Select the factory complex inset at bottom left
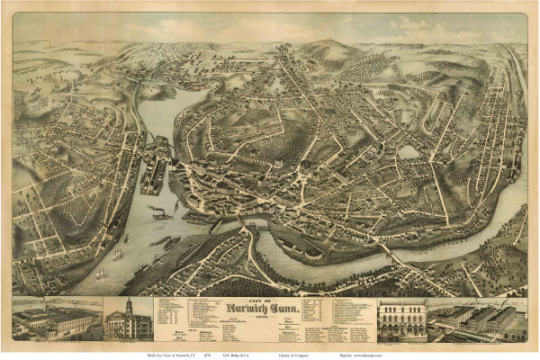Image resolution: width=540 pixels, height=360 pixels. click(54, 319)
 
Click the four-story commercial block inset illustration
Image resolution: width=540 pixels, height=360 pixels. click(402, 320)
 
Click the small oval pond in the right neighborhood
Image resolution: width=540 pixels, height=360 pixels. click(410, 151)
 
